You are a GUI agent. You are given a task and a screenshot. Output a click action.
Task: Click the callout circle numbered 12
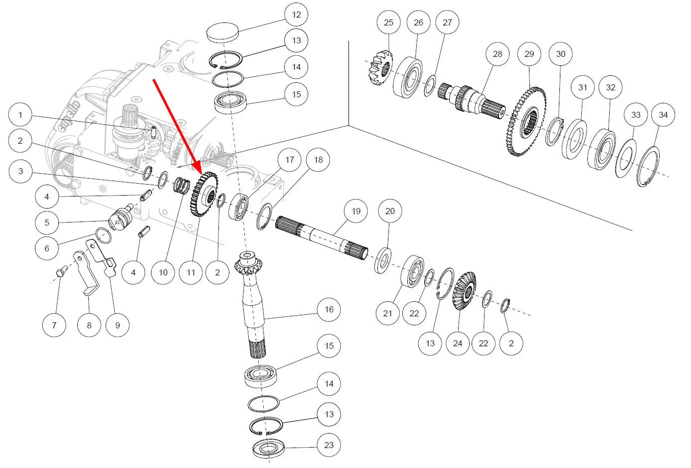(296, 14)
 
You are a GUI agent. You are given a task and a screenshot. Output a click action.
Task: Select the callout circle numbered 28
(498, 54)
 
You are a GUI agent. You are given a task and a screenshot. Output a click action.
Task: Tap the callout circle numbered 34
(663, 115)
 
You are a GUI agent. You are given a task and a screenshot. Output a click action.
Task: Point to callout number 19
(355, 211)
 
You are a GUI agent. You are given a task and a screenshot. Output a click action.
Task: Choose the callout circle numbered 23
(329, 445)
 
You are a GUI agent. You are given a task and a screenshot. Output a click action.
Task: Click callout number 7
(54, 325)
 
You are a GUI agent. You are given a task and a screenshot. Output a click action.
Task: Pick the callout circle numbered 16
(329, 309)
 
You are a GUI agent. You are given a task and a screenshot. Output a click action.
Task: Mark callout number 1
(20, 115)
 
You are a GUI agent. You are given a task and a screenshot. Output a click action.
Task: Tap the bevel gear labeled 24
(463, 291)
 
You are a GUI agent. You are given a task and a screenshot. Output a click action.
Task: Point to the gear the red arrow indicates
(203, 195)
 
